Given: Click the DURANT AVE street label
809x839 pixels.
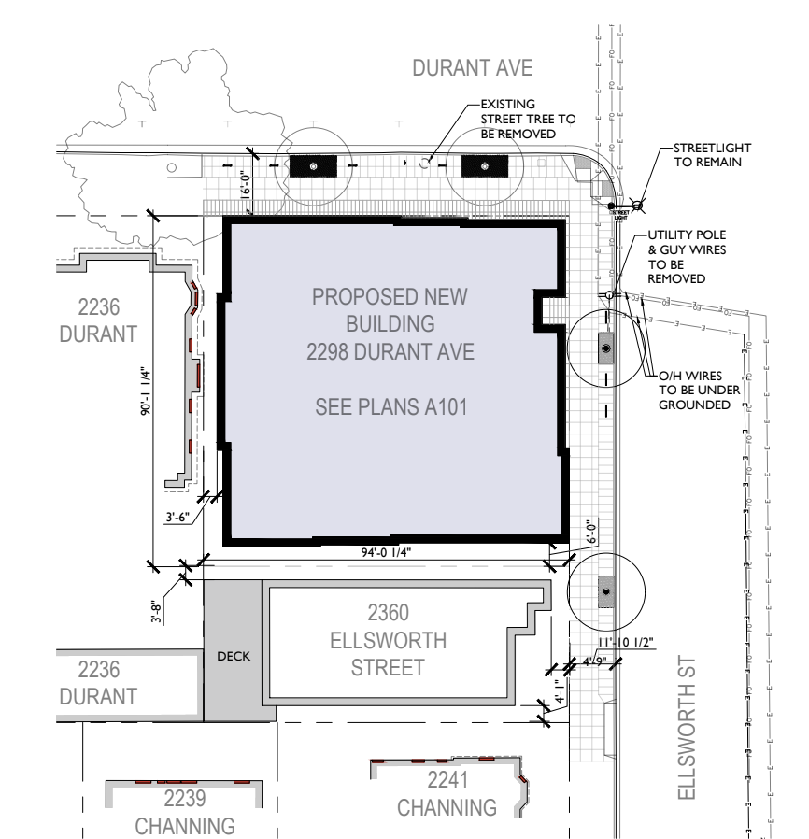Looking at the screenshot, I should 474,67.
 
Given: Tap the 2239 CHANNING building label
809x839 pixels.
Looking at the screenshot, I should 184,812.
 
